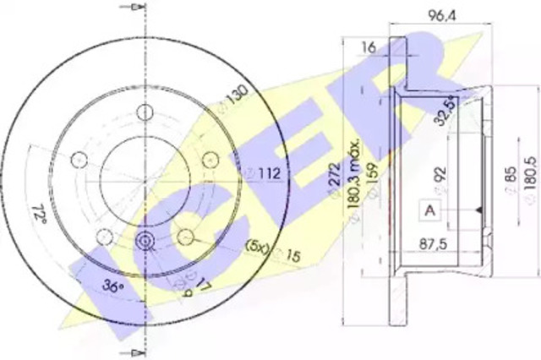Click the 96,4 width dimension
tap(438, 14)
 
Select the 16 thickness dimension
tap(368, 48)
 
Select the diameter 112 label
tap(263, 175)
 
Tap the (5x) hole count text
tap(256, 247)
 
